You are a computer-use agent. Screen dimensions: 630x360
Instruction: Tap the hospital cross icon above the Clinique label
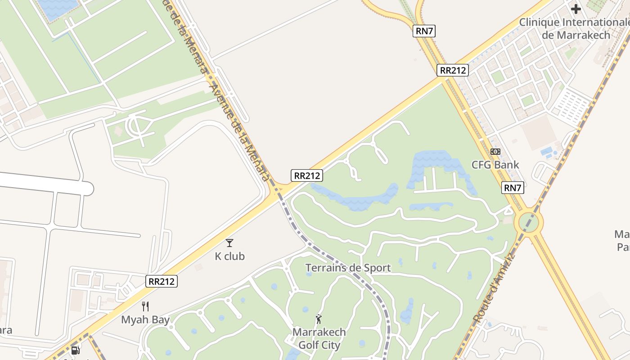pos(576,9)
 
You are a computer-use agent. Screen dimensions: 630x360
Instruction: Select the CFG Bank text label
pos(495,165)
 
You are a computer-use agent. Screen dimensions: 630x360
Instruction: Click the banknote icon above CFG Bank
pos(495,152)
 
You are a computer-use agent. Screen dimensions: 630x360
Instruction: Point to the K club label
pos(229,256)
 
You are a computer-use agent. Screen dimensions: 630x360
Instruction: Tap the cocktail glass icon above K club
pos(229,243)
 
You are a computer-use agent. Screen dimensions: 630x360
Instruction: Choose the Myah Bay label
pos(145,320)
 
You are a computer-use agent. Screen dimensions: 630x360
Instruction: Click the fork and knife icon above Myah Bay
pos(145,306)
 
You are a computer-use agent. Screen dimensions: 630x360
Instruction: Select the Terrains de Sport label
pos(348,268)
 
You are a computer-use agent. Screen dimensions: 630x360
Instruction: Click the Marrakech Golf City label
pos(319,338)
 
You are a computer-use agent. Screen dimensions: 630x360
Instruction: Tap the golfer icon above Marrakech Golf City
pos(319,319)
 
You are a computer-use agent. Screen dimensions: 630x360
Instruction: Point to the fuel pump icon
pos(76,350)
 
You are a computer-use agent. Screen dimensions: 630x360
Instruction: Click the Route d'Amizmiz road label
pos(494,288)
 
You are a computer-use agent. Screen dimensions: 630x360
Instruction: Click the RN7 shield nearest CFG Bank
pos(513,188)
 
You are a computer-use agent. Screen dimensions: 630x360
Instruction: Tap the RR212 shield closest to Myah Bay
pos(162,281)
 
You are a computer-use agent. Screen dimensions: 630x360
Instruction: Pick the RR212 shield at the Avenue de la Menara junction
pos(307,175)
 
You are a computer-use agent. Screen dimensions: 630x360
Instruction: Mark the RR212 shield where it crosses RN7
pos(452,70)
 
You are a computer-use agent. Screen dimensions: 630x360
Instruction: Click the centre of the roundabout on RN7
pos(531,222)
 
